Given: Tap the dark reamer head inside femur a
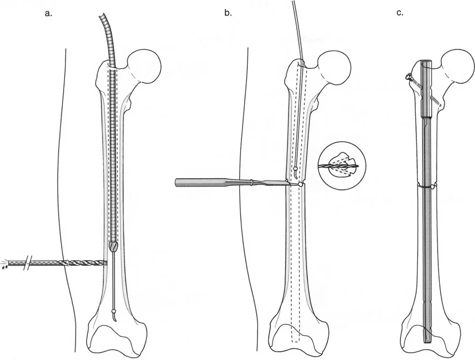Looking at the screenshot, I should (x=114, y=247).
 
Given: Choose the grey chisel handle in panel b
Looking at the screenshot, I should (x=203, y=183).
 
